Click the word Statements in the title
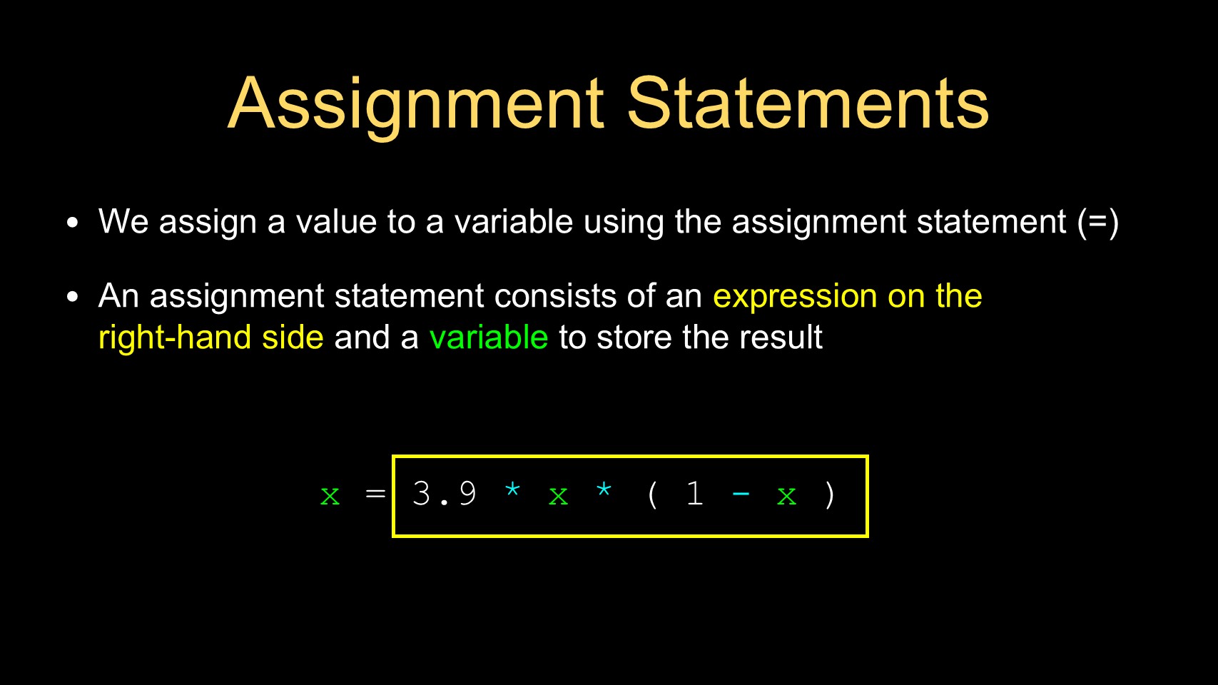(808, 103)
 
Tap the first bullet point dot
(72, 223)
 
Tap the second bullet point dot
(72, 297)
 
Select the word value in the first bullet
(336, 222)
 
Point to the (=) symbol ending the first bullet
(1098, 223)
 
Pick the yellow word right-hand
(175, 338)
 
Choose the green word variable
(488, 338)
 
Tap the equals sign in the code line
(376, 494)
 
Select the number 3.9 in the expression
(445, 494)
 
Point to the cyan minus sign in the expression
(741, 494)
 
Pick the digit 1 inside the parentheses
(694, 494)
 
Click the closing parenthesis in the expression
(829, 495)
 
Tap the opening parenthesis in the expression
(652, 495)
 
